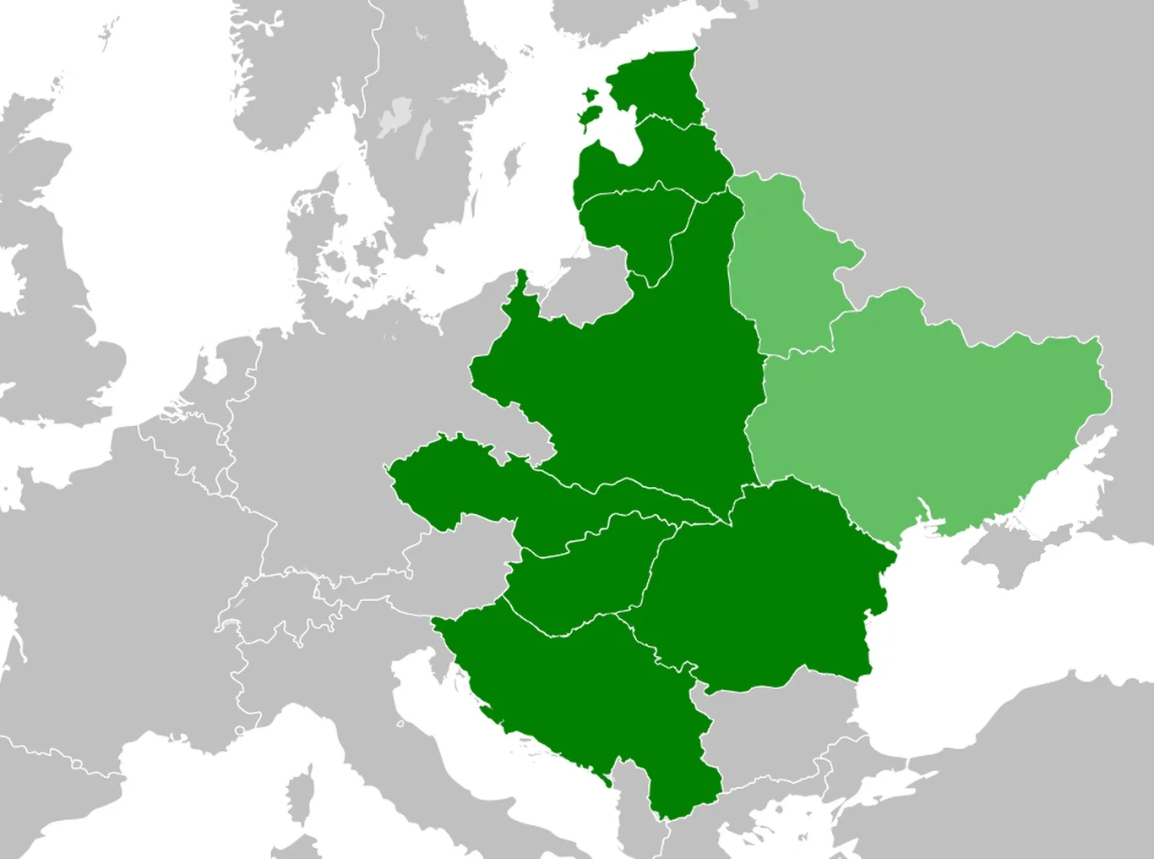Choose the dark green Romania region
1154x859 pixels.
click(760, 583)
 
